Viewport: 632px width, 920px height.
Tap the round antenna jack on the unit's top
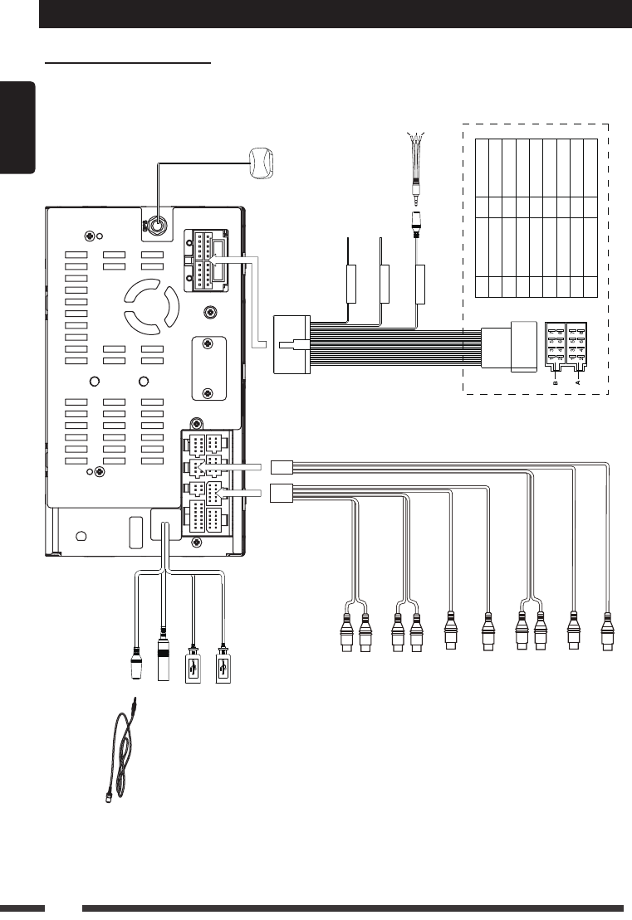(x=154, y=225)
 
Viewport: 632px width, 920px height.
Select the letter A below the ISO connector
(x=578, y=383)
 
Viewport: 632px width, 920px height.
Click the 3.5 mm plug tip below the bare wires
(x=414, y=198)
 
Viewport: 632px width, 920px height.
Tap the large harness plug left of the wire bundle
(x=292, y=344)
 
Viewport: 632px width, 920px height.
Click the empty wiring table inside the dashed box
(x=536, y=218)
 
